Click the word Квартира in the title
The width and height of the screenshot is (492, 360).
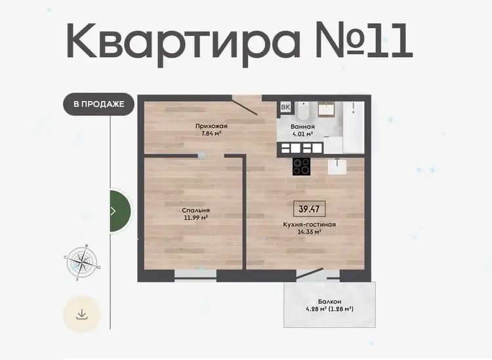[x=183, y=43]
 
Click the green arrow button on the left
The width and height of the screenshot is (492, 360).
[x=120, y=210]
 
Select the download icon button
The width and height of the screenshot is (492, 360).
[x=81, y=314]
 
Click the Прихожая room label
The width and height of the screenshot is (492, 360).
[x=211, y=127]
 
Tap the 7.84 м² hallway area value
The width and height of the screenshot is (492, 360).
[x=211, y=134]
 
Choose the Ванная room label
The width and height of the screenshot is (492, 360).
[x=302, y=127]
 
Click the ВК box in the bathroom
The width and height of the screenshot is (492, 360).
[x=285, y=108]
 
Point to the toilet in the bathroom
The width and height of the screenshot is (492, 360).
[x=304, y=111]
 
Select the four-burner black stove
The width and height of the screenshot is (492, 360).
[x=302, y=166]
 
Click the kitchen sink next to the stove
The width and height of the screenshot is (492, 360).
[x=337, y=167]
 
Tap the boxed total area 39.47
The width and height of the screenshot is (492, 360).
[x=309, y=209]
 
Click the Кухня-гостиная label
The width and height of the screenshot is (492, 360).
[x=310, y=225]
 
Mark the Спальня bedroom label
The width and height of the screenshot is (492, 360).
[x=195, y=210]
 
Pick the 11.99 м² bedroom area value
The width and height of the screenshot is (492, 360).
[x=195, y=218]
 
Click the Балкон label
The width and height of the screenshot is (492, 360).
[x=329, y=302]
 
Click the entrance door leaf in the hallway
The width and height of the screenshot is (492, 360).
[x=245, y=106]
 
